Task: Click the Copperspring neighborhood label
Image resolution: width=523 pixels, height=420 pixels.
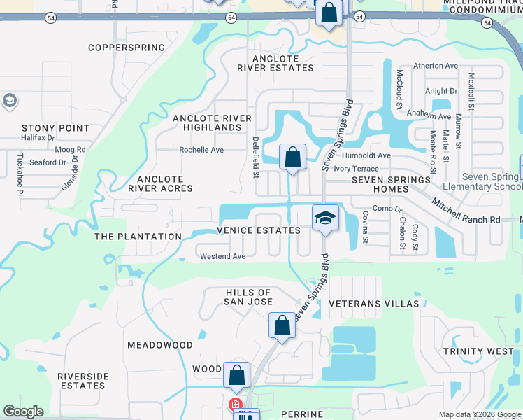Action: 127,48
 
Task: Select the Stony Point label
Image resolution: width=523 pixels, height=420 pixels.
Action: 55,128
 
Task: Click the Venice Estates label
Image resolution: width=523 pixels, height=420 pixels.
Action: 259,230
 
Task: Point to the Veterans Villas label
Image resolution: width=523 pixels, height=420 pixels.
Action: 373,304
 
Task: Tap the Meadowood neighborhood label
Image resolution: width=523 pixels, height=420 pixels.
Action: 159,345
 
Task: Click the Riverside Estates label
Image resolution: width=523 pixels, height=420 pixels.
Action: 83,381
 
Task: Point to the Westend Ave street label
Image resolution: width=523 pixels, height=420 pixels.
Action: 222,256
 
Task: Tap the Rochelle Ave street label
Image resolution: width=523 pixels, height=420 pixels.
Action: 201,150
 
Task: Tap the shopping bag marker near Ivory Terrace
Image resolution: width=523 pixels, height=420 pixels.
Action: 292,157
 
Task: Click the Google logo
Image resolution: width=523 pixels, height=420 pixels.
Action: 23,412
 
